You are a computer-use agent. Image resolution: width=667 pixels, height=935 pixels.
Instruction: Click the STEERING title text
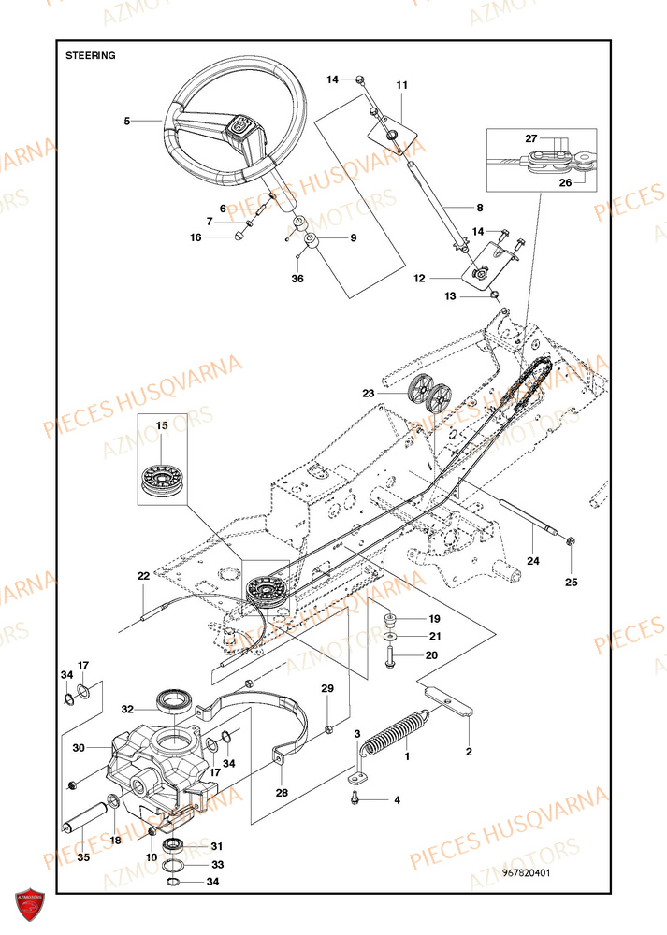click(x=91, y=55)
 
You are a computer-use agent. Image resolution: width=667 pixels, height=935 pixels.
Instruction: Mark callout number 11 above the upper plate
click(x=402, y=85)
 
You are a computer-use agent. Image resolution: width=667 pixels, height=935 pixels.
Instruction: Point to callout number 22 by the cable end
click(x=143, y=577)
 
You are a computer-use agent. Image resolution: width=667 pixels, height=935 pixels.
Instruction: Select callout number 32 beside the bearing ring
click(x=127, y=709)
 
